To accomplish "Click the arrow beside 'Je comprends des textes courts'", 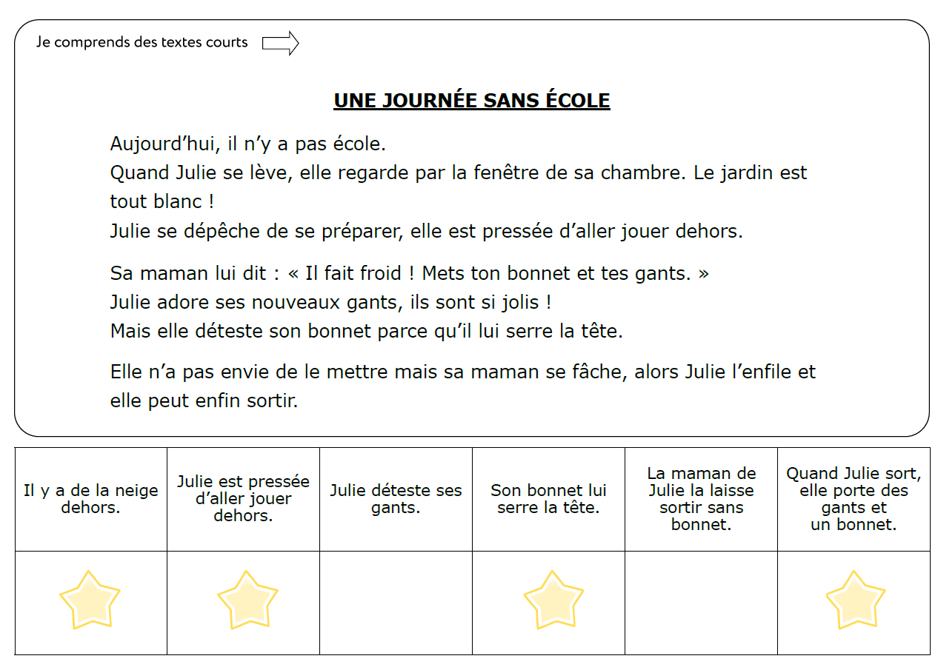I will pyautogui.click(x=280, y=44).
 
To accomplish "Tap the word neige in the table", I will pyautogui.click(x=136, y=491).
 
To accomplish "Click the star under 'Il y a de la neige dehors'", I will pyautogui.click(x=90, y=600).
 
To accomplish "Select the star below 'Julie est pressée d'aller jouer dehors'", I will pyautogui.click(x=247, y=600).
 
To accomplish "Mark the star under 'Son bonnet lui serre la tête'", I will pyautogui.click(x=553, y=600).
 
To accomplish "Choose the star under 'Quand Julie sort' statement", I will pyautogui.click(x=855, y=600).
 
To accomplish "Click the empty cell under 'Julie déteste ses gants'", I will pyautogui.click(x=396, y=603).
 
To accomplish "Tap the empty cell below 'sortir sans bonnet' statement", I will pyautogui.click(x=701, y=603).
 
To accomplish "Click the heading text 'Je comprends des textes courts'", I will pyautogui.click(x=142, y=42).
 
